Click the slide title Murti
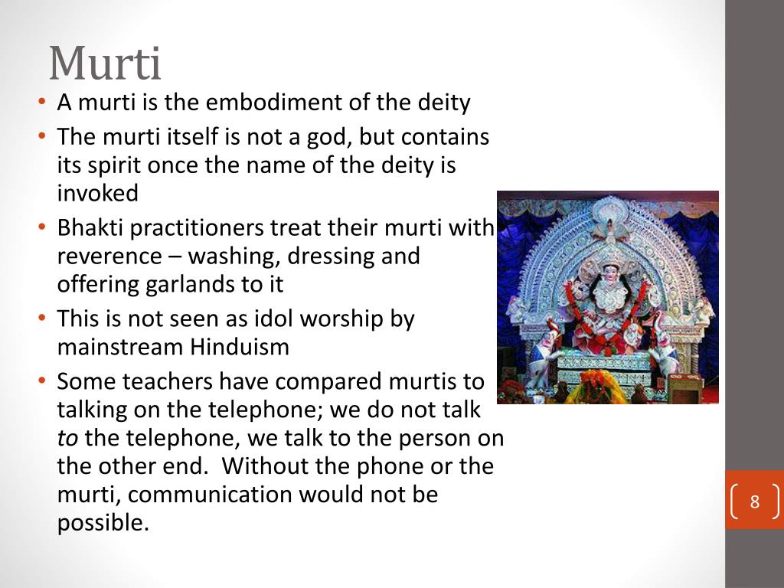click(105, 64)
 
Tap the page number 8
click(754, 502)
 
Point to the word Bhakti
click(89, 228)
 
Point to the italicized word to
click(67, 438)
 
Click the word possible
click(102, 523)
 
